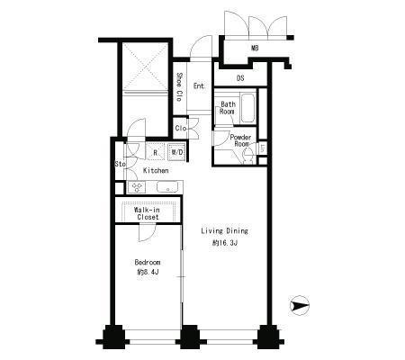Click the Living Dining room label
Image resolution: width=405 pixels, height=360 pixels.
(224, 231)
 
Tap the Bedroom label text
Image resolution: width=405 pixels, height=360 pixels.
(148, 263)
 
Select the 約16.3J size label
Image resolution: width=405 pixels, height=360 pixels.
(225, 243)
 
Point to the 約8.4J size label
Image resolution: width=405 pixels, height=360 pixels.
(148, 273)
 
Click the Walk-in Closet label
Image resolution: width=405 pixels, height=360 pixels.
(148, 213)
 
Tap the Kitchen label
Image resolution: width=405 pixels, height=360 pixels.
(156, 170)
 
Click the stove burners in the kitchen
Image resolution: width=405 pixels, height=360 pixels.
(137, 187)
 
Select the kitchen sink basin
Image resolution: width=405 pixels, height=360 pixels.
(168, 187)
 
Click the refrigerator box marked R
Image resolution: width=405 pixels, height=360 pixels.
(155, 152)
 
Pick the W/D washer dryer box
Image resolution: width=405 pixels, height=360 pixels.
(177, 152)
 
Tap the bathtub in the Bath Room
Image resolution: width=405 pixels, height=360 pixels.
(247, 108)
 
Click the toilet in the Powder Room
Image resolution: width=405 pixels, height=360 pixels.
(248, 156)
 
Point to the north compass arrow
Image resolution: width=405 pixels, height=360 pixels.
(299, 306)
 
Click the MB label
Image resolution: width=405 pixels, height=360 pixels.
(255, 48)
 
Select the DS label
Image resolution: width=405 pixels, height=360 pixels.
(240, 78)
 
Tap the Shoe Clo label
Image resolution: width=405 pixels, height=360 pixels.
(179, 87)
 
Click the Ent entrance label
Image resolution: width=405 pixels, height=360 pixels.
(199, 86)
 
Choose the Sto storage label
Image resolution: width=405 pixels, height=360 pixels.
(120, 164)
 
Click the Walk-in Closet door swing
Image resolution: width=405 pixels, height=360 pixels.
(148, 233)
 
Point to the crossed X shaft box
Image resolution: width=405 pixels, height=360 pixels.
(145, 67)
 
